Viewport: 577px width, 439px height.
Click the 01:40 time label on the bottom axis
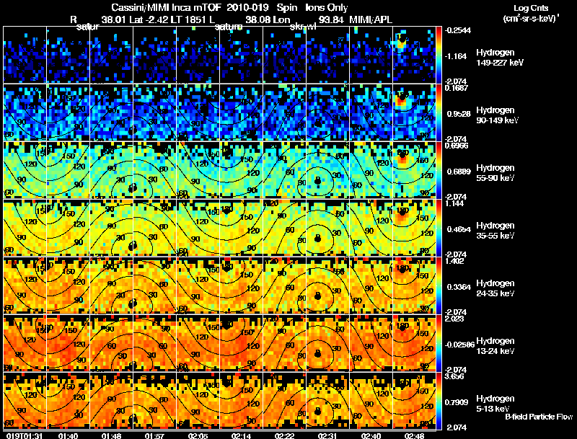(68, 435)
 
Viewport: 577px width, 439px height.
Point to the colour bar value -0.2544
(460, 30)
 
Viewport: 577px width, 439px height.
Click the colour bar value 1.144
(457, 204)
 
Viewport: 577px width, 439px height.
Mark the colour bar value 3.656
(457, 376)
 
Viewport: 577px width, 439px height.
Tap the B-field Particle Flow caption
(538, 417)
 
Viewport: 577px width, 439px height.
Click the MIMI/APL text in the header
(374, 20)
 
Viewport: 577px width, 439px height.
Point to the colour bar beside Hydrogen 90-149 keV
(441, 112)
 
